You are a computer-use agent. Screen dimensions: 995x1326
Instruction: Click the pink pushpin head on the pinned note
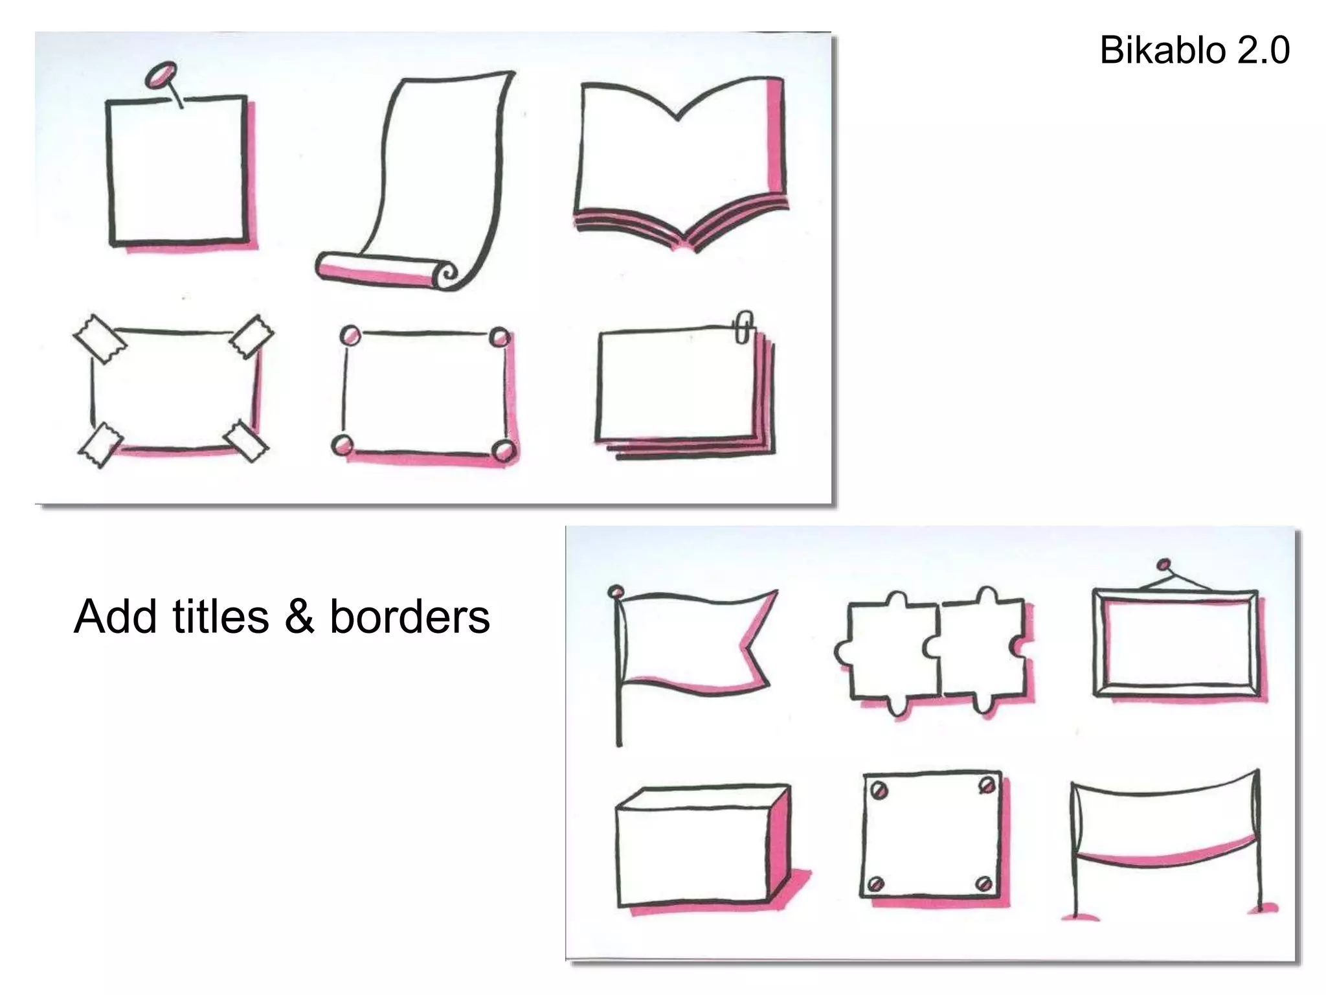pos(160,74)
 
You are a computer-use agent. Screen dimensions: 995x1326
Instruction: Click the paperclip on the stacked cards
pos(744,328)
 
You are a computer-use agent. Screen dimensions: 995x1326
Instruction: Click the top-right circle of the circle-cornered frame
pos(499,337)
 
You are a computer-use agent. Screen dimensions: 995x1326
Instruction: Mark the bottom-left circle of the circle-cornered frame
pos(343,445)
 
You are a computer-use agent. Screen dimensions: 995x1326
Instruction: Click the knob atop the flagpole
pos(616,591)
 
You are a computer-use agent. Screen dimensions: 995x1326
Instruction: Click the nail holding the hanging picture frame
pos(1163,564)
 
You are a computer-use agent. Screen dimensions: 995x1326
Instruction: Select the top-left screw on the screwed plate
pos(879,789)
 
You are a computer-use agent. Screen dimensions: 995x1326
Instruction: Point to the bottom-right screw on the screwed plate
pos(983,882)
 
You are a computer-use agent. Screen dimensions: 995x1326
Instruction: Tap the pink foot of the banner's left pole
pos(1080,916)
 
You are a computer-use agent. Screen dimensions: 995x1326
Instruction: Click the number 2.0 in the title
pos(1263,51)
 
